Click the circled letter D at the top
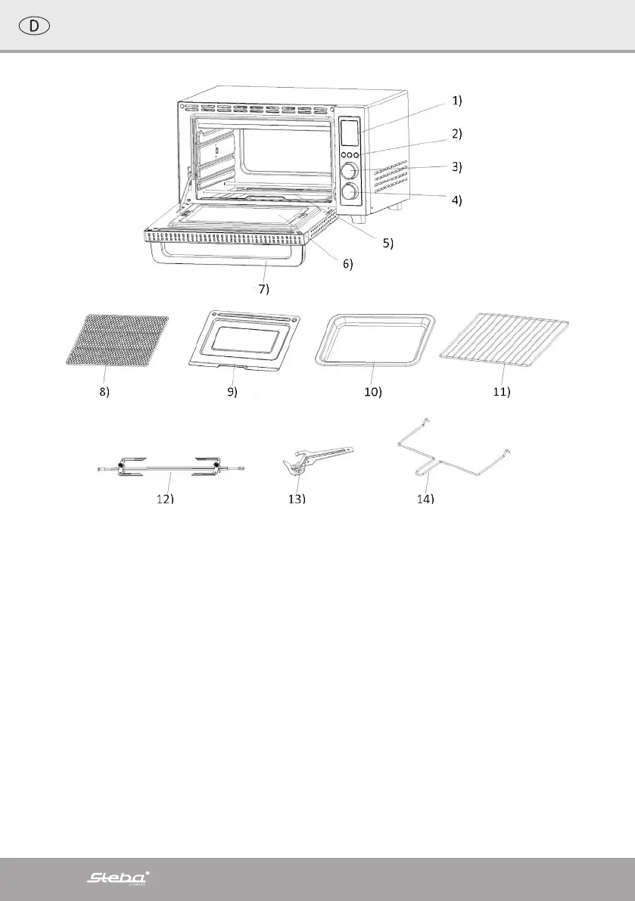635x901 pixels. click(34, 25)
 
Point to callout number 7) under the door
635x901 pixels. click(260, 289)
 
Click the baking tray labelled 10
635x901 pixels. click(375, 341)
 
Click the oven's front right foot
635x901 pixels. click(356, 218)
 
